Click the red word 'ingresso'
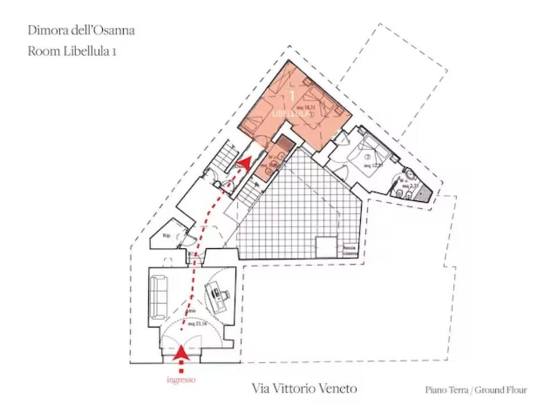pyautogui.click(x=181, y=380)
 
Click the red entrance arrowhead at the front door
pyautogui.click(x=182, y=351)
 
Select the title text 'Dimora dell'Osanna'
pyautogui.click(x=81, y=30)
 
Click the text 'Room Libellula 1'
pyautogui.click(x=73, y=51)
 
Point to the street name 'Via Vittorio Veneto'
pyautogui.click(x=305, y=388)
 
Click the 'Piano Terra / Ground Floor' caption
pyautogui.click(x=475, y=390)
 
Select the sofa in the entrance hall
pyautogui.click(x=159, y=297)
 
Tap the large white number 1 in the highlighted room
pyautogui.click(x=292, y=95)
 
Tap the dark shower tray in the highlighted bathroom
pyautogui.click(x=284, y=143)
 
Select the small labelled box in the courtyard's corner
pyautogui.click(x=349, y=250)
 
